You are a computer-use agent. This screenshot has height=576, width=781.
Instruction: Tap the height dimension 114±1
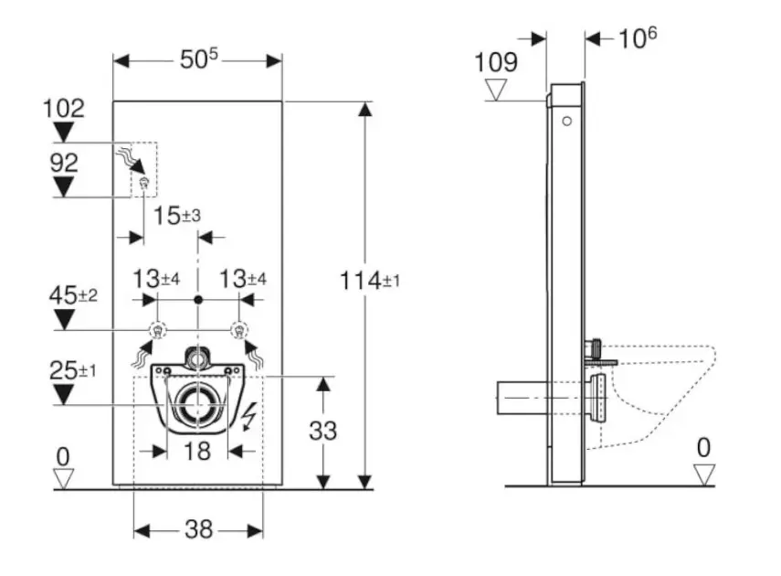coord(370,281)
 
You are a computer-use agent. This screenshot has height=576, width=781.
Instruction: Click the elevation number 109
coord(496,62)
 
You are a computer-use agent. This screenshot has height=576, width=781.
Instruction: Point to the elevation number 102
coord(63,108)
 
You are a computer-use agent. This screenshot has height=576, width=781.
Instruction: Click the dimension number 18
coord(198,450)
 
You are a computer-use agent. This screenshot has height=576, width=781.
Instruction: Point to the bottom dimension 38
coord(198,529)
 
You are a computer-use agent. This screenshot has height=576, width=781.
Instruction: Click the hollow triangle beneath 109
coord(497,89)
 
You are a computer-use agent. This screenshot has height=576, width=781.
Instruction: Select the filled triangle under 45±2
coord(63,319)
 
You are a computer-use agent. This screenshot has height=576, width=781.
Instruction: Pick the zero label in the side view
coord(702,448)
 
